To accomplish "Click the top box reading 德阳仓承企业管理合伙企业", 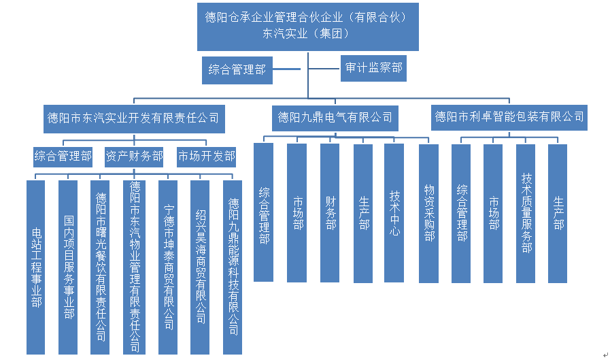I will tap(307, 26).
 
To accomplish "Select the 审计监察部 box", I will tap(373, 68).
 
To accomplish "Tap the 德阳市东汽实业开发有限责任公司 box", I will tap(133, 118).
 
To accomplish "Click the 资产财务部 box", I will tap(134, 157).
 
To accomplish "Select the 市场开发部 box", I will tap(207, 157).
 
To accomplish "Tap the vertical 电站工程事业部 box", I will tap(37, 267).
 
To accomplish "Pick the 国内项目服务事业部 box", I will tap(69, 267).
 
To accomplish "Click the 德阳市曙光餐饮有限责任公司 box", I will tap(101, 267).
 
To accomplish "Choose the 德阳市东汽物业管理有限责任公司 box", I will tap(134, 267).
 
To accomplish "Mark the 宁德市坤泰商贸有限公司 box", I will tap(168, 267).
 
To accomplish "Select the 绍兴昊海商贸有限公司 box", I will tap(200, 267).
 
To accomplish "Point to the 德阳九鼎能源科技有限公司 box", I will tap(233, 267).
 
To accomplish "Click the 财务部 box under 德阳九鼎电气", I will tap(330, 212).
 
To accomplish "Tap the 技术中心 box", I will tap(394, 212).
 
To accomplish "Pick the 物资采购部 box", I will tap(428, 212).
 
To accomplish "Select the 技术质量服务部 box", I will tap(526, 213).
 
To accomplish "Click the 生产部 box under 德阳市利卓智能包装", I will tap(558, 213).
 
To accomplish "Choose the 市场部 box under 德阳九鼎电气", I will tap(297, 212).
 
